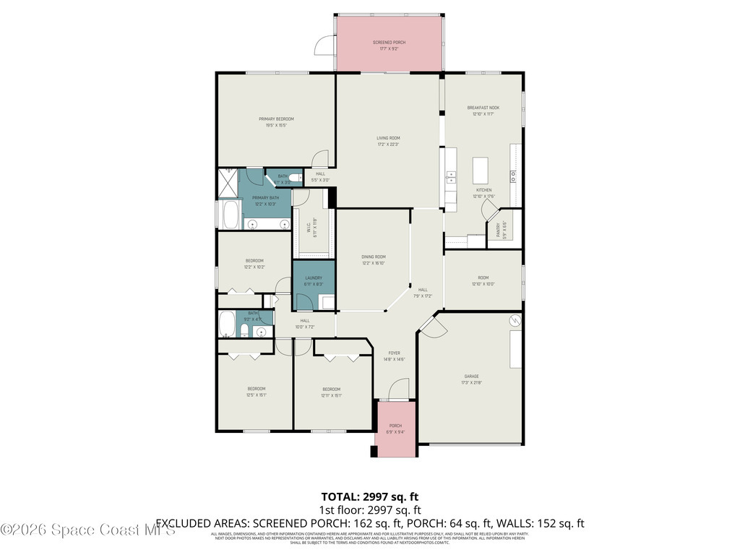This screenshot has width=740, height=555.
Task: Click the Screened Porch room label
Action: (x=389, y=43)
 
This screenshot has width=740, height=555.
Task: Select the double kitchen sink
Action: (x=451, y=176)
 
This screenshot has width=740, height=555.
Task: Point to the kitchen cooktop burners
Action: (x=514, y=174)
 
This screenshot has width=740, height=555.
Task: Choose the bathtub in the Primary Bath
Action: (x=229, y=215)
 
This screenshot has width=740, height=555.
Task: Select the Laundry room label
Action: (x=313, y=278)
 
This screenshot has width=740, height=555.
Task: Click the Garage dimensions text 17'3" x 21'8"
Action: (x=472, y=382)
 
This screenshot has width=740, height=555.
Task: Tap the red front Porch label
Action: (x=395, y=426)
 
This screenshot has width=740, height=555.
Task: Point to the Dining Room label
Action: (x=374, y=257)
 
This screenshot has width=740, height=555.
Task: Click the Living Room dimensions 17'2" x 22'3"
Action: (x=388, y=145)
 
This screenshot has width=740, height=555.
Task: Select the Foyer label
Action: (x=394, y=353)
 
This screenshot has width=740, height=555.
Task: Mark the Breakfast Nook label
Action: (x=483, y=108)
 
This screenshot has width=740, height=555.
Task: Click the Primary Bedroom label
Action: (x=276, y=119)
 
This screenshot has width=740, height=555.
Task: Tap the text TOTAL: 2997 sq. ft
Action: (x=370, y=496)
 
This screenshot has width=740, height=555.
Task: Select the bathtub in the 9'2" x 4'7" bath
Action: (x=226, y=324)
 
